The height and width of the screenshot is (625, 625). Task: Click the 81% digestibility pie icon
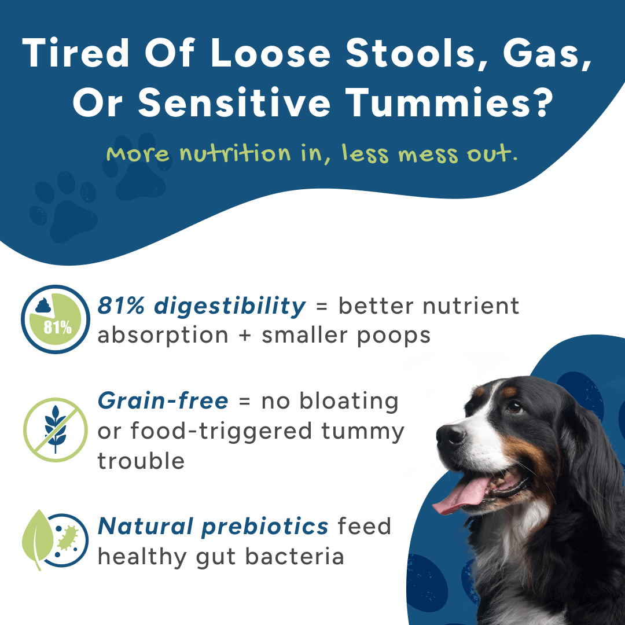[56, 319]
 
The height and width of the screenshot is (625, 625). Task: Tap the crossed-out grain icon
[56, 429]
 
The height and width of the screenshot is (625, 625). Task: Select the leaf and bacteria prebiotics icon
[55, 540]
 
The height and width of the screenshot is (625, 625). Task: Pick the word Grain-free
[163, 400]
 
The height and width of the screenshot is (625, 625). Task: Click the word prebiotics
[264, 527]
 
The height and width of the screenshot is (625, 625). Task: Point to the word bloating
[349, 402]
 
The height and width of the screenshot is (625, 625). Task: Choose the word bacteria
[295, 557]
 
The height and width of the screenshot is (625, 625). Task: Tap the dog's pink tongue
[462, 495]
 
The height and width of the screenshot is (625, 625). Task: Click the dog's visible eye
[515, 407]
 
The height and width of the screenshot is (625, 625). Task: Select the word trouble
[141, 461]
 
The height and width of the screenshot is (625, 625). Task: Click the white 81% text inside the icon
[57, 328]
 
